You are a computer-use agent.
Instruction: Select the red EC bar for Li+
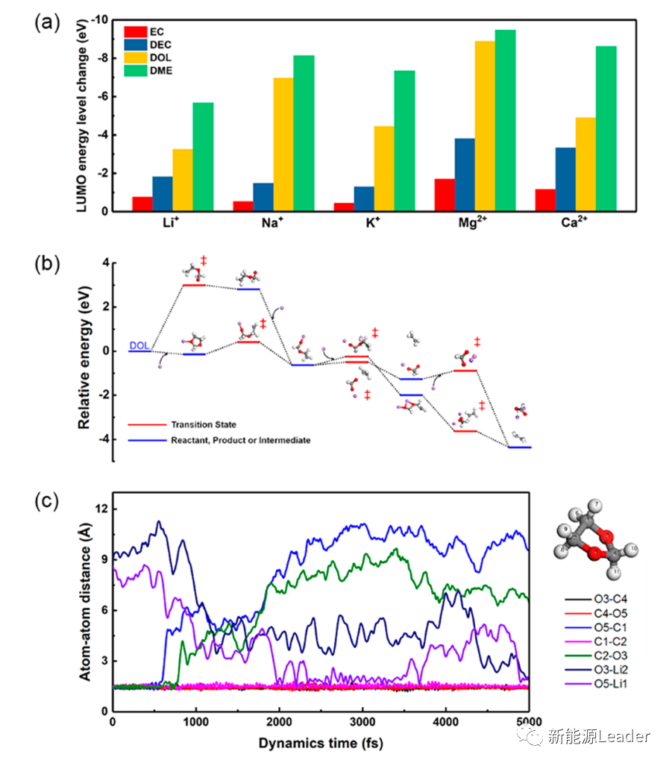[x=142, y=204]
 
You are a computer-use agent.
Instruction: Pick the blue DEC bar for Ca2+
[x=565, y=179]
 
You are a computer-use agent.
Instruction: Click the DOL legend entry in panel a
[x=160, y=58]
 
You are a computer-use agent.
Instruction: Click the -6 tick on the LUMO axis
[x=107, y=97]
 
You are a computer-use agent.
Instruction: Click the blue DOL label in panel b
[x=139, y=345]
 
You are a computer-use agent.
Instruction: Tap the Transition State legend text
[x=202, y=424]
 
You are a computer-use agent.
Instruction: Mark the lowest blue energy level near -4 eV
[x=519, y=448]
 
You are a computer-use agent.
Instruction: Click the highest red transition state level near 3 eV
[x=194, y=285]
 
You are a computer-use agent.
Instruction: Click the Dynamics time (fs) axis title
[x=321, y=743]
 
